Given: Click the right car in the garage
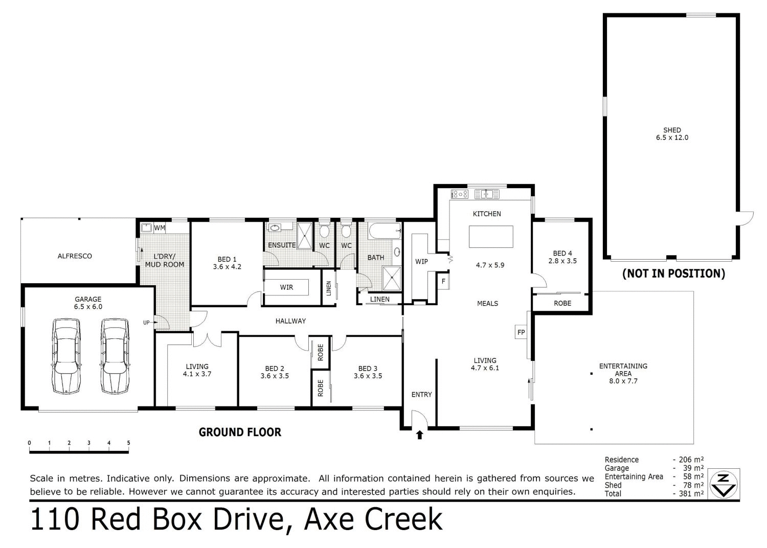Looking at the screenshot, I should tap(114, 356).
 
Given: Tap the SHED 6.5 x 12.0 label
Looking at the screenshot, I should tap(672, 134).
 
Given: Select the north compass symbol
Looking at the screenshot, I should tap(724, 483).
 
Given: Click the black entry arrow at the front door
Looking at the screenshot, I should tap(420, 435).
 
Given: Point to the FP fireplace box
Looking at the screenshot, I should tap(521, 332).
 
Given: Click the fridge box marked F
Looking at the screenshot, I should tap(443, 281).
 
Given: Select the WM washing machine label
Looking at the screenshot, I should tap(160, 227).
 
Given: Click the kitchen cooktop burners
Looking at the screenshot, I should tap(459, 194).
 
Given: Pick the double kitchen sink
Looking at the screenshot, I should tap(487, 194).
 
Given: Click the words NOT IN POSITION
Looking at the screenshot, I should tap(673, 273).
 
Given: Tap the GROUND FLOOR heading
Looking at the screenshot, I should tap(240, 432).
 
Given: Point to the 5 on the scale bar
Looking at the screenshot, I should tap(128, 443).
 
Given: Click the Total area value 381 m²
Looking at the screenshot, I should tap(691, 493).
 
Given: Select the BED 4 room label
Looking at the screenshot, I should tap(562, 254).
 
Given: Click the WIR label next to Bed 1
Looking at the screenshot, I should tap(286, 287).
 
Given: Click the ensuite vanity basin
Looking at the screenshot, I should tap(275, 227).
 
